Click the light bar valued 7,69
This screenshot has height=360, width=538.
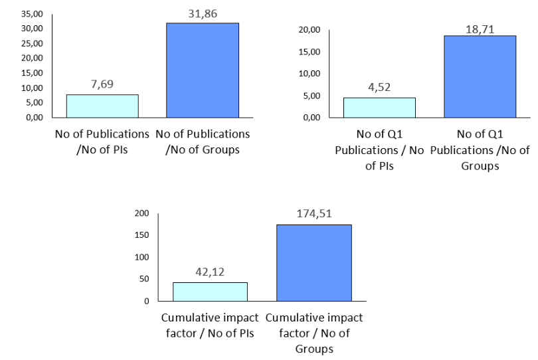click(x=102, y=106)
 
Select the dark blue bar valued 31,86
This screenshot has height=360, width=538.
click(x=203, y=70)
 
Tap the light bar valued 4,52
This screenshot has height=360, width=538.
click(x=379, y=108)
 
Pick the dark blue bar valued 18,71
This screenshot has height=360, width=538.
click(x=480, y=76)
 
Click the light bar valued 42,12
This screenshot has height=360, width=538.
click(x=210, y=292)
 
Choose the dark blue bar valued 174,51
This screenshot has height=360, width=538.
click(x=314, y=263)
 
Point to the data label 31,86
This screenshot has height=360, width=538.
click(x=203, y=14)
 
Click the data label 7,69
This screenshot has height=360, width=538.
click(x=102, y=84)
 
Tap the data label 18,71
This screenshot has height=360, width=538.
click(x=480, y=29)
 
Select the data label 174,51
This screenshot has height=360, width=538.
click(x=314, y=214)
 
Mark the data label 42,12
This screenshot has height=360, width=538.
click(x=210, y=272)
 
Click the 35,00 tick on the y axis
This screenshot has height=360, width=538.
click(x=33, y=14)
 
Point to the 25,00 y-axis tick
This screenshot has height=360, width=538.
click(x=33, y=44)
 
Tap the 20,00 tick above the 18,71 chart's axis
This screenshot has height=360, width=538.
click(x=310, y=30)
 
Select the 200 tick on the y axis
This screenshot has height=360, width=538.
click(x=142, y=213)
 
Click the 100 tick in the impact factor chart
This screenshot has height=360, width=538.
click(x=142, y=257)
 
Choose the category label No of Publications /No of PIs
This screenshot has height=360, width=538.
click(x=102, y=141)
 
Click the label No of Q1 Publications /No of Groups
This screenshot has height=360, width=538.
click(x=480, y=150)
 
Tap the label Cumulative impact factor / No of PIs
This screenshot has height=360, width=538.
click(x=210, y=325)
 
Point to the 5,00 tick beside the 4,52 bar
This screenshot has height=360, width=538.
click(x=312, y=96)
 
